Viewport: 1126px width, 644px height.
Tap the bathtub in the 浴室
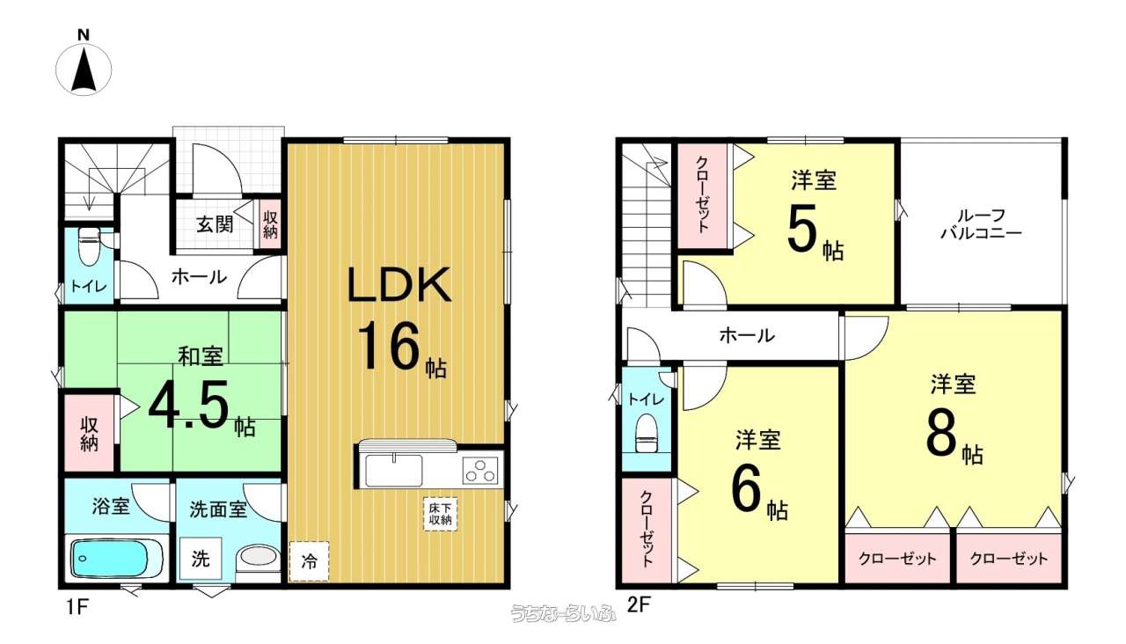(x=117, y=558)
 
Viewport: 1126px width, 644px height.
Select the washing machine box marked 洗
(x=201, y=558)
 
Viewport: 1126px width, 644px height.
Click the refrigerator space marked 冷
(x=309, y=561)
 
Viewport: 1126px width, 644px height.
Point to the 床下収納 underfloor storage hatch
(x=440, y=514)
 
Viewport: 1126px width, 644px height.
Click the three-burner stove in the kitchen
(x=479, y=472)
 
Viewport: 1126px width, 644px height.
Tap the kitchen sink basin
(x=393, y=470)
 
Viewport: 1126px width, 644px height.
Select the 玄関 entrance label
(x=215, y=223)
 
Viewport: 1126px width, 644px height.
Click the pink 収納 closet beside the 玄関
(x=270, y=224)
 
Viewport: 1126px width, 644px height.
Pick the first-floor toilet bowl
(x=90, y=246)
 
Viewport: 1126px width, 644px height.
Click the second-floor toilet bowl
(x=647, y=434)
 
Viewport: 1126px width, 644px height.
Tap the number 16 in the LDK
(x=388, y=346)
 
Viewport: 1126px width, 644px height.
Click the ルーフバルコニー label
(x=981, y=224)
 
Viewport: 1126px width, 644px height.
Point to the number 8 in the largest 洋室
(x=941, y=435)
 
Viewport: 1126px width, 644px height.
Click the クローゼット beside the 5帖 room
(x=702, y=195)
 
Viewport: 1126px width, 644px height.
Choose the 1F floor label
(x=77, y=607)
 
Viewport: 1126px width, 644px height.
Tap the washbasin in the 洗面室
(x=259, y=558)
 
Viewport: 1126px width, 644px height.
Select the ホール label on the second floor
(x=747, y=335)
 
